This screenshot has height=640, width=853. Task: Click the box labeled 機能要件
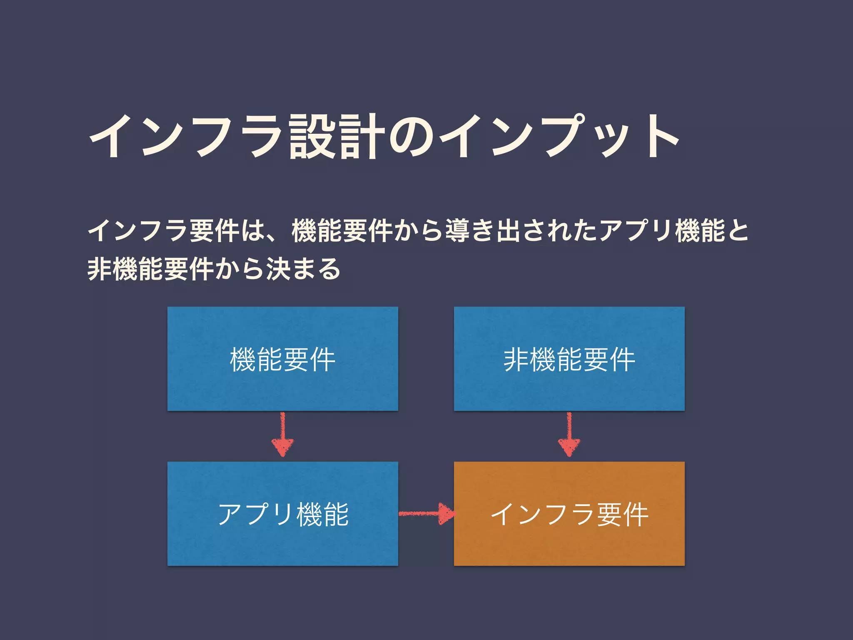tap(282, 359)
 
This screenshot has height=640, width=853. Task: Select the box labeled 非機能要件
tap(569, 359)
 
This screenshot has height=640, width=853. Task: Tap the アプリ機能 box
tap(282, 514)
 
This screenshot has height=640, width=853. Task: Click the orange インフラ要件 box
tap(569, 514)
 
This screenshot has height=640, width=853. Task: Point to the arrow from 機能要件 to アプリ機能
tap(282, 435)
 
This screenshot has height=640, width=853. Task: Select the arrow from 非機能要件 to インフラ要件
tap(569, 435)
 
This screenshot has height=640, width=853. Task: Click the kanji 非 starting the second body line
tap(99, 269)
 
